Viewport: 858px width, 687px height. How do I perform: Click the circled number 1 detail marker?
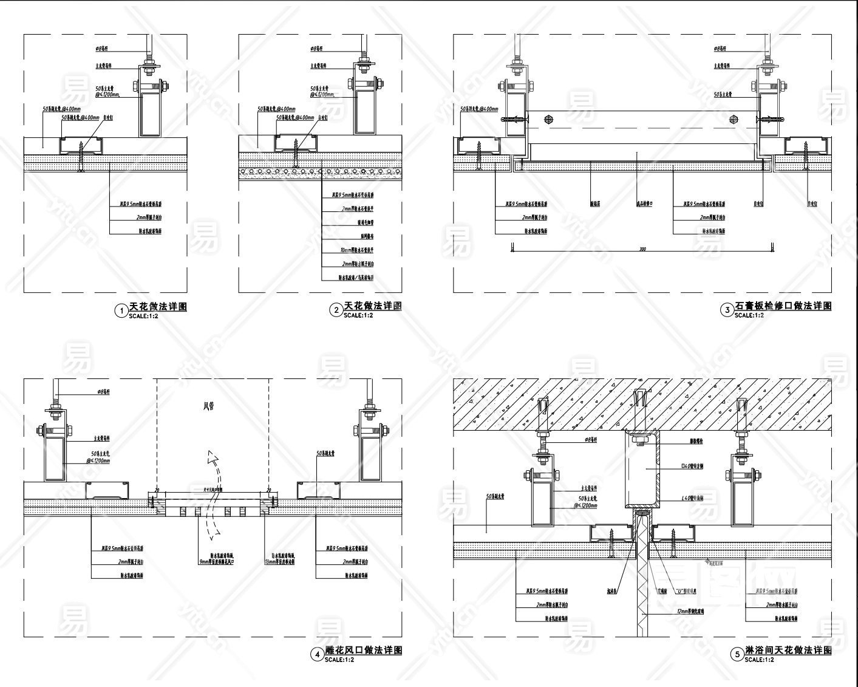120,311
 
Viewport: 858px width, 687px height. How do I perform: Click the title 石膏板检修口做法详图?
783,306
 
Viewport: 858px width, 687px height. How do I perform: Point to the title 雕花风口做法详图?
364,650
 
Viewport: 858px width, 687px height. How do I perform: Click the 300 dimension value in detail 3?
642,249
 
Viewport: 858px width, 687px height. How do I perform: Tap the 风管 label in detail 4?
209,406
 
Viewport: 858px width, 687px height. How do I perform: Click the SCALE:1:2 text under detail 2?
358,316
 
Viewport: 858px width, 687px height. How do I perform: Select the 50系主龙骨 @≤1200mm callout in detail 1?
107,91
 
